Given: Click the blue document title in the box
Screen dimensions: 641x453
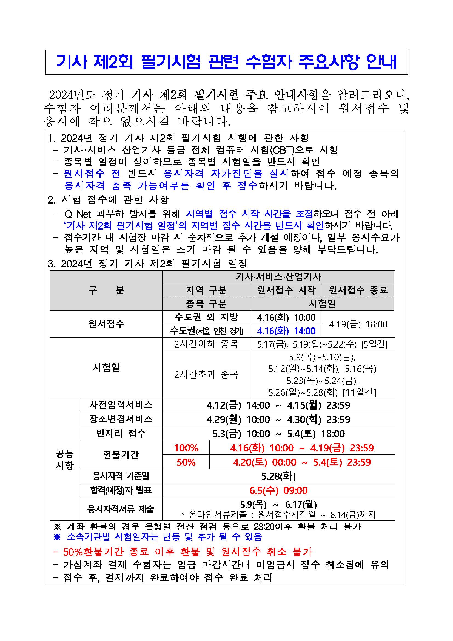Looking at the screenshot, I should tap(226, 62).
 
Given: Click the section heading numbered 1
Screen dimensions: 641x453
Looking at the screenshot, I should tap(178, 138).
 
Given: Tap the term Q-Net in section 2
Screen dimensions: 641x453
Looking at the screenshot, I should tap(78, 214).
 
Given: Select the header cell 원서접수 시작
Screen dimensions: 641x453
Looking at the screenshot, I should tap(286, 290).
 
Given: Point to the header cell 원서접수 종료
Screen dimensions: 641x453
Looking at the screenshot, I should tap(358, 290).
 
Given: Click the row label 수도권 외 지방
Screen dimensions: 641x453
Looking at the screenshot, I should tap(206, 317).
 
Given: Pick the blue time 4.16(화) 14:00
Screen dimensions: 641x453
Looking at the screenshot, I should tap(286, 331).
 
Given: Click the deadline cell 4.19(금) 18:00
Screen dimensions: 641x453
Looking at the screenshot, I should tap(358, 324).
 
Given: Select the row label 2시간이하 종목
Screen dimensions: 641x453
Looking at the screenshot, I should tap(206, 344).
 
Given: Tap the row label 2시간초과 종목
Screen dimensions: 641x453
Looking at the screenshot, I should tap(206, 374).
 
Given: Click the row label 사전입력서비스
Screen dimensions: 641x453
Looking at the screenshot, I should tap(121, 405).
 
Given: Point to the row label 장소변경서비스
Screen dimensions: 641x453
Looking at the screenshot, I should tap(121, 419).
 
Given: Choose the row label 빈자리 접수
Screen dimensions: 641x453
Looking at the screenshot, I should tap(121, 433).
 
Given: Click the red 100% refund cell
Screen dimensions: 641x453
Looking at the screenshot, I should tap(186, 448).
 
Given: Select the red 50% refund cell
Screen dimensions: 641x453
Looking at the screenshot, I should tap(186, 462).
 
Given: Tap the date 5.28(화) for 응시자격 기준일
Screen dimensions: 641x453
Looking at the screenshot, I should tap(278, 476).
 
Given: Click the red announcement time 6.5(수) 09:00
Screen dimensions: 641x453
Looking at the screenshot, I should tap(278, 490).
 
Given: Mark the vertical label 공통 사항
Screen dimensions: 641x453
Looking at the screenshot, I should tap(65, 459).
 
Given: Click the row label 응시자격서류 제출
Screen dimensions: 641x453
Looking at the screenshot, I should tap(121, 509).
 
